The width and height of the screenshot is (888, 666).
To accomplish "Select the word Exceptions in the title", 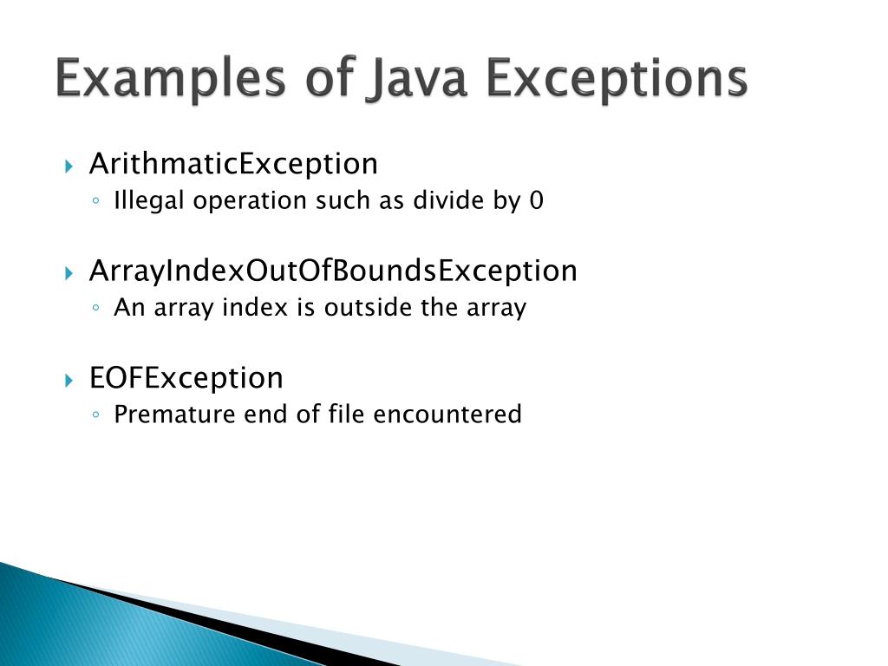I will click(x=616, y=81).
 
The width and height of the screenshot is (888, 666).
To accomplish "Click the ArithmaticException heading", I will click(x=233, y=164).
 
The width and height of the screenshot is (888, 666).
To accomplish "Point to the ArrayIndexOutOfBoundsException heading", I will click(x=333, y=271).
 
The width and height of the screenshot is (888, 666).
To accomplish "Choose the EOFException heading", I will click(x=186, y=378).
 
